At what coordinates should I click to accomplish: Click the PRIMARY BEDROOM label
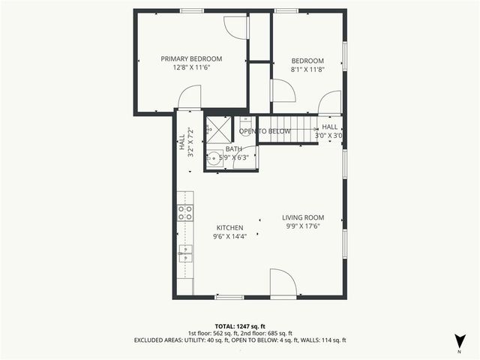(191, 58)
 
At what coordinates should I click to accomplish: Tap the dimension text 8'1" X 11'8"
(307, 70)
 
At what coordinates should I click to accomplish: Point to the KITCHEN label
(229, 227)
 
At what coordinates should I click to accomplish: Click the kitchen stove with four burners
(184, 212)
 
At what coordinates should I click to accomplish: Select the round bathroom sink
(214, 157)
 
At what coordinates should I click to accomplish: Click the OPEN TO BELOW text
(265, 131)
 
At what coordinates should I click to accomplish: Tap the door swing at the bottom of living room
(282, 283)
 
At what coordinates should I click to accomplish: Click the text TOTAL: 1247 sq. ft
(240, 325)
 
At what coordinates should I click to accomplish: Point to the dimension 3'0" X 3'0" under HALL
(329, 136)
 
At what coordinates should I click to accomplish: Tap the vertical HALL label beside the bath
(181, 142)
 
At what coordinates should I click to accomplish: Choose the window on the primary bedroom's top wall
(191, 10)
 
